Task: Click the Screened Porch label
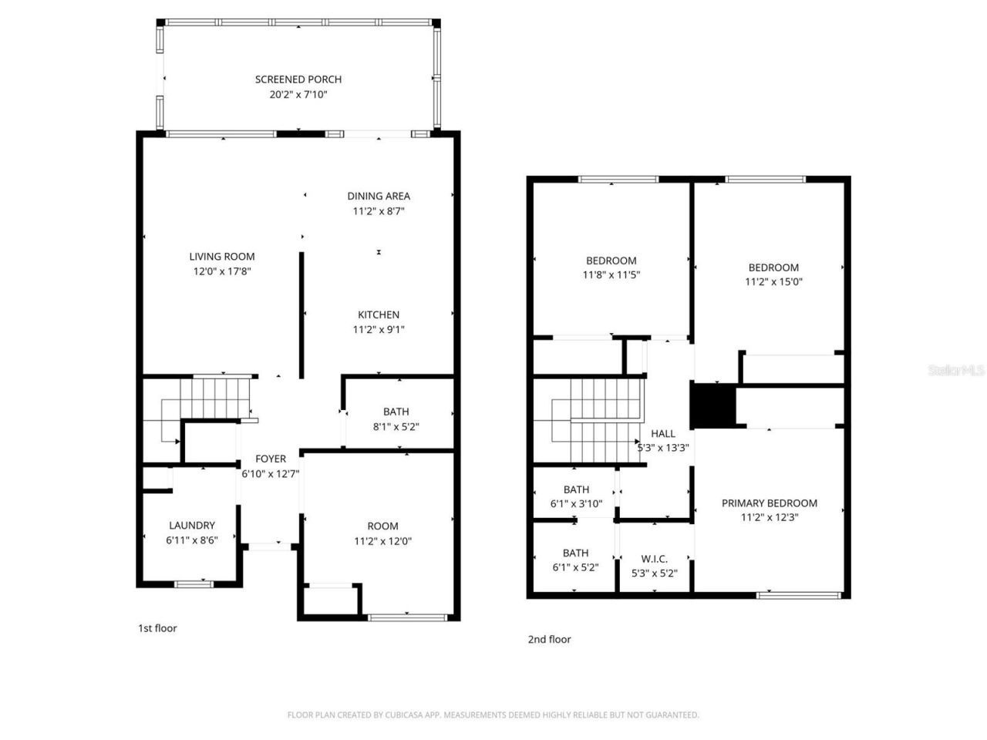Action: [298, 79]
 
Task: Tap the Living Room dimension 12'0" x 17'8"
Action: [222, 271]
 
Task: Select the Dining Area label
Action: [379, 196]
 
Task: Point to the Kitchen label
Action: [379, 314]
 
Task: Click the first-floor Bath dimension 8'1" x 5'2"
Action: [396, 426]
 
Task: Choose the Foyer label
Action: [271, 459]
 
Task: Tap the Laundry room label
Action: [192, 526]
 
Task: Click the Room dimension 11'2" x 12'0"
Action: [382, 541]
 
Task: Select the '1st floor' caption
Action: [157, 628]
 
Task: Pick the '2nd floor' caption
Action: [549, 639]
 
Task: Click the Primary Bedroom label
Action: [770, 503]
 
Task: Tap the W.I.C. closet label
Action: [654, 559]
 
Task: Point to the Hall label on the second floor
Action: [662, 433]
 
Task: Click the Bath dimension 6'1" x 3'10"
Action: [576, 503]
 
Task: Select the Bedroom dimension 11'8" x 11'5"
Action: [611, 274]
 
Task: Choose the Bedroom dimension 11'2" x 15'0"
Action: [773, 281]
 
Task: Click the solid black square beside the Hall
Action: [712, 405]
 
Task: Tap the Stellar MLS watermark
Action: [956, 370]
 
